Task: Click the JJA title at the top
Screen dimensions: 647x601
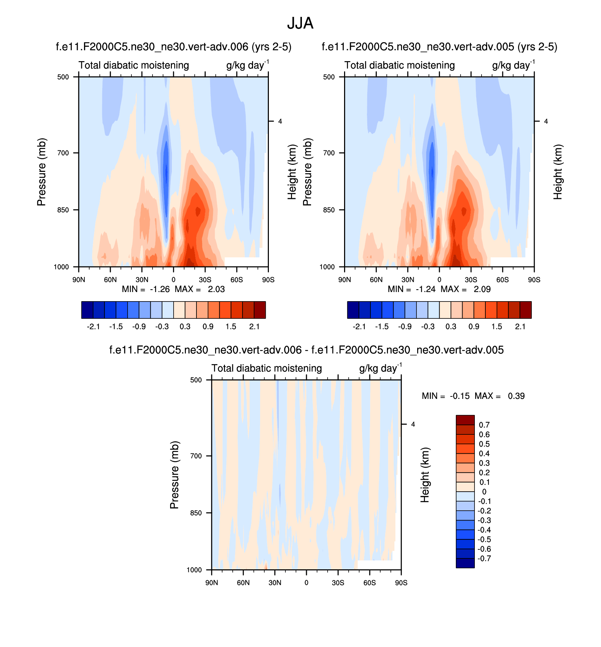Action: pos(300,24)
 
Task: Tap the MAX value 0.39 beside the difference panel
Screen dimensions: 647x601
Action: pos(516,396)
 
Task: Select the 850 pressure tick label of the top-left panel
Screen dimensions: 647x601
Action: pos(63,210)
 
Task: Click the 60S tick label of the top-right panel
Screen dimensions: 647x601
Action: pos(503,280)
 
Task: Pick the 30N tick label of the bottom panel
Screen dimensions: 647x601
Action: pos(275,583)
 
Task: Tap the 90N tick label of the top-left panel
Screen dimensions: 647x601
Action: pos(79,280)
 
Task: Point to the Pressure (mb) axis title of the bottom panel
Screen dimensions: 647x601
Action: pos(174,475)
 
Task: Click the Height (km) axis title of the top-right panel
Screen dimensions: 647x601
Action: pos(558,172)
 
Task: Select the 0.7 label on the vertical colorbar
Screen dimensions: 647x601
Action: pos(484,425)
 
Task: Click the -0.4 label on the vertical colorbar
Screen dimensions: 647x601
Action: pos(485,530)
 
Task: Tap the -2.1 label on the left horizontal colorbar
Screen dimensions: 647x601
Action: pos(93,326)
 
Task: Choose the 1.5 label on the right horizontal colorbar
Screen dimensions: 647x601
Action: pos(497,326)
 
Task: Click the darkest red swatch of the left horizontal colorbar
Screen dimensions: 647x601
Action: pos(260,310)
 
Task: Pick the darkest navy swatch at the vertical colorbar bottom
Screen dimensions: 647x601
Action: pos(465,563)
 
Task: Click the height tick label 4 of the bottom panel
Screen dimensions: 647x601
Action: pos(413,425)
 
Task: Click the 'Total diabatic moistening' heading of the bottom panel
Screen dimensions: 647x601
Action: pos(266,368)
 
